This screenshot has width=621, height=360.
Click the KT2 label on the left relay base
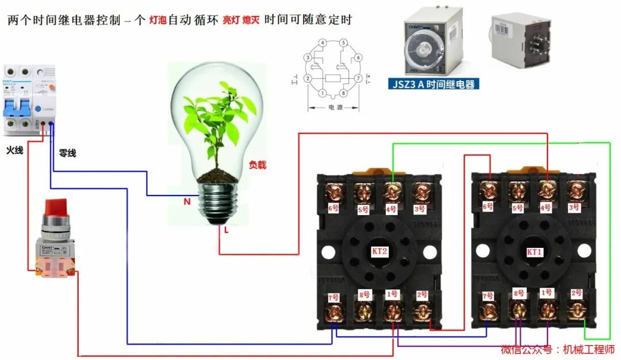tap(380, 251)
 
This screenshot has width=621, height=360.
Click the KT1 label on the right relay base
tap(534, 252)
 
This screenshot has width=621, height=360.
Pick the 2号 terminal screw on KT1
tap(576, 311)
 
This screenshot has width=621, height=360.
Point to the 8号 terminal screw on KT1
tap(518, 311)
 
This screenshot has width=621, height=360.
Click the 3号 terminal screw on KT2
tap(421, 192)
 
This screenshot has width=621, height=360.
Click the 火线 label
tap(14, 150)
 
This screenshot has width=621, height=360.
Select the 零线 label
tap(67, 154)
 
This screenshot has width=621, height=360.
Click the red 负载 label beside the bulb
tap(258, 164)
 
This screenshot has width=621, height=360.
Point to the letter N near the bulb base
tap(187, 202)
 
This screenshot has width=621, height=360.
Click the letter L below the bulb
tap(227, 229)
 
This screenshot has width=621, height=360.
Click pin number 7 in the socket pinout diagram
tap(358, 78)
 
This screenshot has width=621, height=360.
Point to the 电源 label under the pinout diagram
tap(334, 107)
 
